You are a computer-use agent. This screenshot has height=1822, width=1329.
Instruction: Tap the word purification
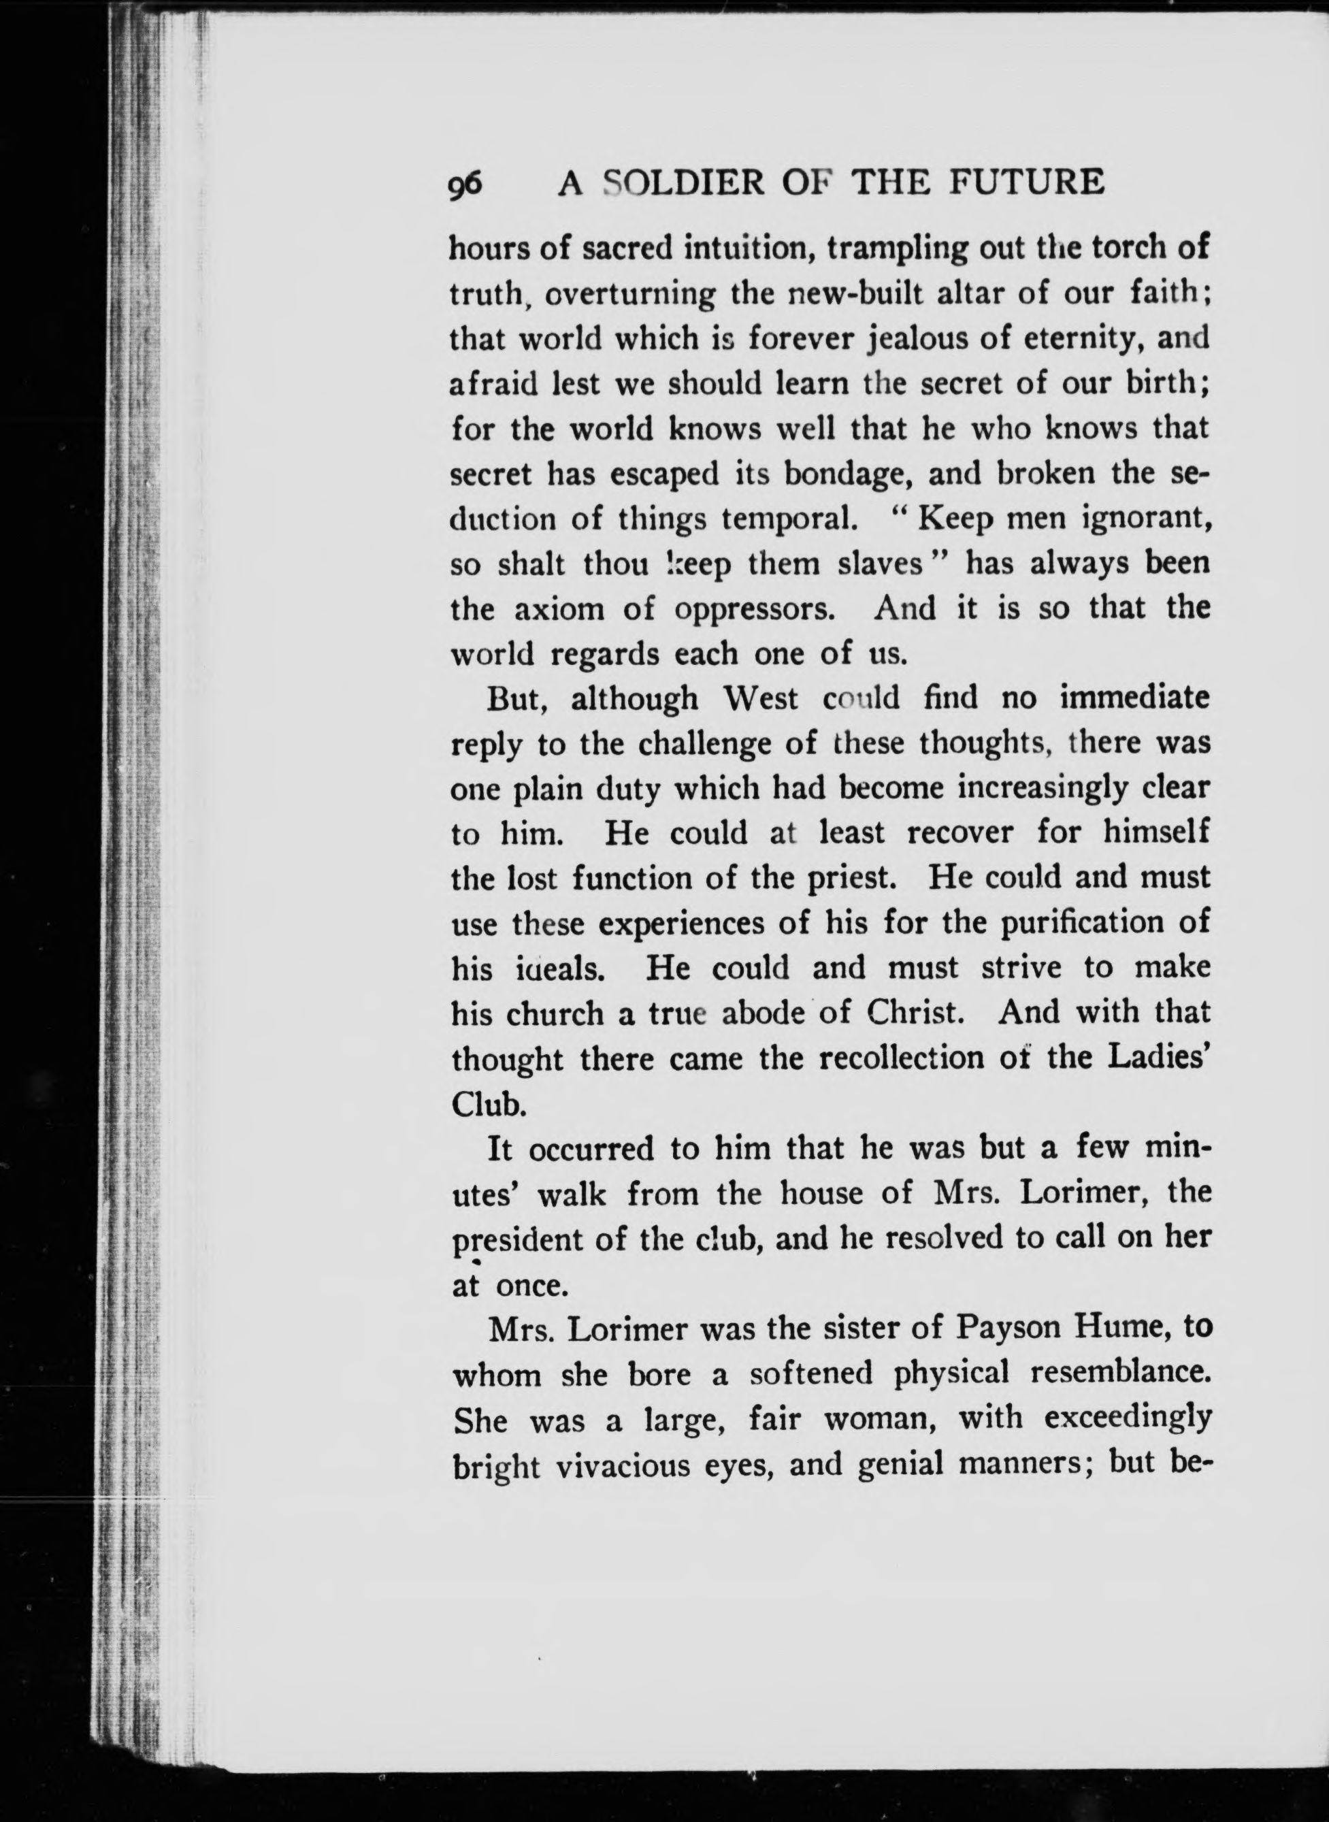click(x=1081, y=922)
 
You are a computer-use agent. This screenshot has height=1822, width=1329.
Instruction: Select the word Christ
click(x=914, y=1012)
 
